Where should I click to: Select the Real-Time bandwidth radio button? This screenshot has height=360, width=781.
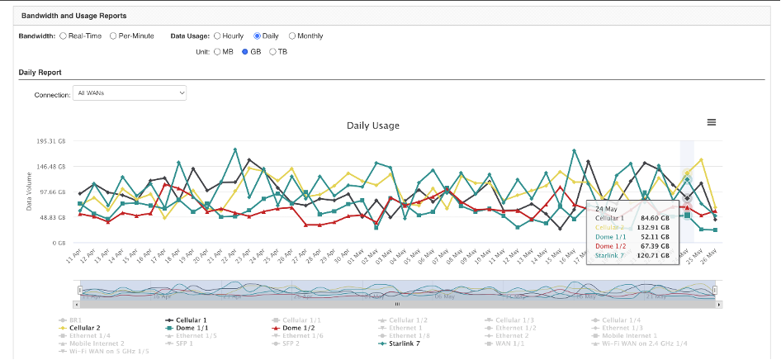click(x=64, y=36)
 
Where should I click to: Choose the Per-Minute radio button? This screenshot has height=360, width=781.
click(x=113, y=36)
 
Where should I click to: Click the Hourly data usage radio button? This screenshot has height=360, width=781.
click(x=218, y=36)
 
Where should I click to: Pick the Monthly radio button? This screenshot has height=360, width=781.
click(x=291, y=36)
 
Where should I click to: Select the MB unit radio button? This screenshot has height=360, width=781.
click(x=218, y=52)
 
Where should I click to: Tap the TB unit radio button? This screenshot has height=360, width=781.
click(x=273, y=52)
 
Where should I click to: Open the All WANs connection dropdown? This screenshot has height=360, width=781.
click(x=130, y=93)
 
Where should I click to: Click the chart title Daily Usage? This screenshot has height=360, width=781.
click(x=372, y=126)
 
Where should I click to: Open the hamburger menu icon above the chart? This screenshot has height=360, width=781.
click(x=712, y=122)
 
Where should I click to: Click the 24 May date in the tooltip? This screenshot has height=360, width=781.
click(x=606, y=209)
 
